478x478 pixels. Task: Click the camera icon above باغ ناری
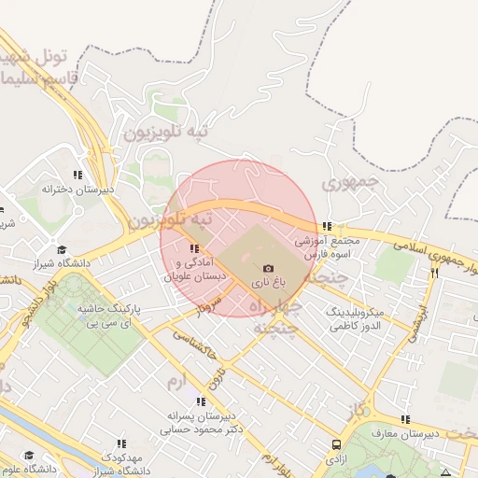269,268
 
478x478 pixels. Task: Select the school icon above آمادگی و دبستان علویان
195,248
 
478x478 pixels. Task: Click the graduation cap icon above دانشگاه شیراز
62,249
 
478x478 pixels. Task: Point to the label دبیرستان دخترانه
77,188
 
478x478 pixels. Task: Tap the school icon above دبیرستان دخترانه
78,174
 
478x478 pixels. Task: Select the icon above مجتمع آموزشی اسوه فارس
326,226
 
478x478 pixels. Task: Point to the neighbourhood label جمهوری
346,184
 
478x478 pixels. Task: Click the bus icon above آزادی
335,445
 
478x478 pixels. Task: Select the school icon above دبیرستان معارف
404,419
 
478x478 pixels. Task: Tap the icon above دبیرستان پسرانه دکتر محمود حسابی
199,401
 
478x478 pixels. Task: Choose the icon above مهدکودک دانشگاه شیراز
120,443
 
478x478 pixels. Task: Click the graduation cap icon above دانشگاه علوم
29,455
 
